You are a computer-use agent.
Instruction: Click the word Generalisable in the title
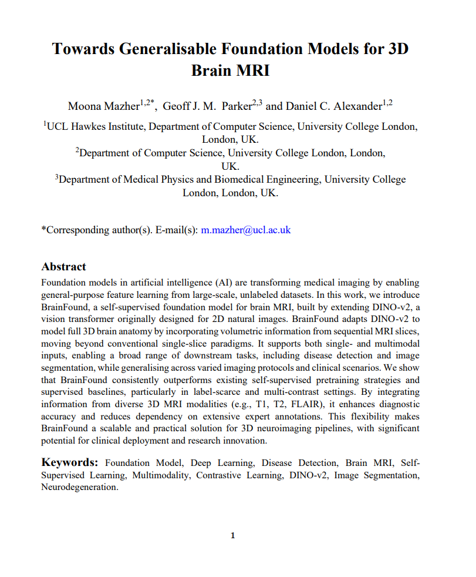166,49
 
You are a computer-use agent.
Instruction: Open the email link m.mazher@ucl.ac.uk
246,230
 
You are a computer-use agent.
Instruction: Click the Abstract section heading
63,267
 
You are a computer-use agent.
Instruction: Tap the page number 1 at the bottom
233,535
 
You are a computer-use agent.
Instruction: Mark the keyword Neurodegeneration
79,488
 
